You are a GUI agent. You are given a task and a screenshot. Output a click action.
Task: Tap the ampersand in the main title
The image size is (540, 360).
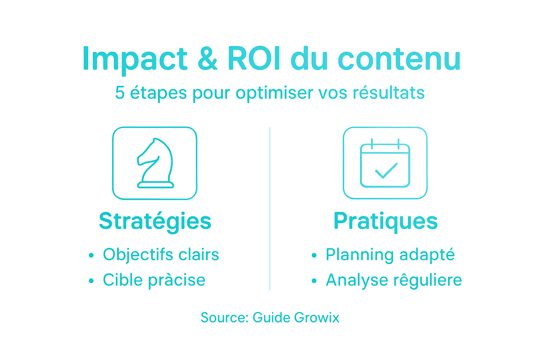tap(207, 59)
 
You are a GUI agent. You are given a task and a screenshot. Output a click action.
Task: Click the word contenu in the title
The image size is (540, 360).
tap(399, 59)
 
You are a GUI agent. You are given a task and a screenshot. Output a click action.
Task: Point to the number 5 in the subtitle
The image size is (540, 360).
tap(120, 93)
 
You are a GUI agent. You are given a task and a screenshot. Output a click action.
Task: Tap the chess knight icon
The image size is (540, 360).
tap(155, 163)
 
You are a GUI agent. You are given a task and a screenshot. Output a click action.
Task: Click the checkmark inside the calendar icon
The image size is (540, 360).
tap(386, 171)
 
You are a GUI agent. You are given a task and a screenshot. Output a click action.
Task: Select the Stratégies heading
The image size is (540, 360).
tap(155, 221)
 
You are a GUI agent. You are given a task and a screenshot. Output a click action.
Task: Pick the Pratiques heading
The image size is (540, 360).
tap(386, 221)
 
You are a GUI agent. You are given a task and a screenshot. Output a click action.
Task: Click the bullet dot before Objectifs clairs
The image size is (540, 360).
tap(91, 255)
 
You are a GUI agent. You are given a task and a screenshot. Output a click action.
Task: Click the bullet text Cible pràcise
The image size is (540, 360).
tap(154, 280)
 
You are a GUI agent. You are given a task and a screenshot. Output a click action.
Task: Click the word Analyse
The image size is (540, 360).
tap(356, 280)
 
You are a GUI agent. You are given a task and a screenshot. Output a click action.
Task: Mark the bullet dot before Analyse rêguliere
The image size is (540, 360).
tap(314, 281)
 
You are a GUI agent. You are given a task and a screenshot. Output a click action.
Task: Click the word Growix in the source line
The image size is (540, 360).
tap(317, 317)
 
